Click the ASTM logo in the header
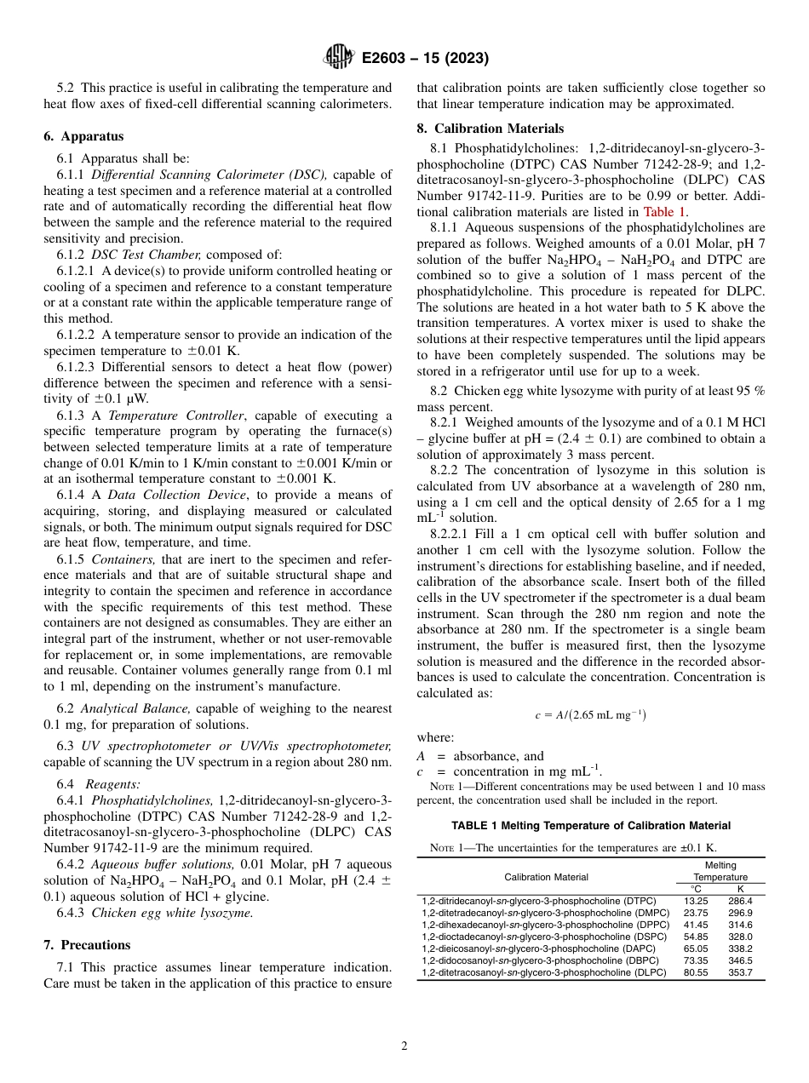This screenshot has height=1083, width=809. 339,58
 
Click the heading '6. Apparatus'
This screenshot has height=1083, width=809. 83,136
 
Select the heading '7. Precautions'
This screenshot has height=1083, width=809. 87,945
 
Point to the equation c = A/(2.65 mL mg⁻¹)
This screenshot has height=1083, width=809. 590,715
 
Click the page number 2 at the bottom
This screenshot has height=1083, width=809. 404,1046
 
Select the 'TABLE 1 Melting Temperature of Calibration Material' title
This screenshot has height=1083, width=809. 590,825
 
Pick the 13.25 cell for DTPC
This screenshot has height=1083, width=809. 696,900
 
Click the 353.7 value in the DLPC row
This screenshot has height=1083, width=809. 739,972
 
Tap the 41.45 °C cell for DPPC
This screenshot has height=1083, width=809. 696,924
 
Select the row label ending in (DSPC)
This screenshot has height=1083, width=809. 544,936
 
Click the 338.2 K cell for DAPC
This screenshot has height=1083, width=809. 739,948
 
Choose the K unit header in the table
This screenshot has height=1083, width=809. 740,888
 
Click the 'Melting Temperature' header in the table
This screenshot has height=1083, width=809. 720,871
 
